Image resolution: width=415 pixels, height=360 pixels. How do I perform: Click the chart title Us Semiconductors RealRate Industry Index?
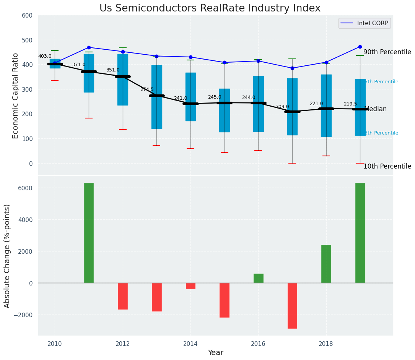click(x=210, y=8)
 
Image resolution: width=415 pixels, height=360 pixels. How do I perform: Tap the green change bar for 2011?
click(x=89, y=233)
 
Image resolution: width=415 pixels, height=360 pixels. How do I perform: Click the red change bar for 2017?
click(x=292, y=305)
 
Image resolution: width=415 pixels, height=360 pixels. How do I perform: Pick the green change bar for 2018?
click(x=326, y=264)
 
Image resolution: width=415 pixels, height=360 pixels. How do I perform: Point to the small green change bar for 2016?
click(x=258, y=278)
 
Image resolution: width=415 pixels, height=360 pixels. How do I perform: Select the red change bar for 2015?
click(x=224, y=300)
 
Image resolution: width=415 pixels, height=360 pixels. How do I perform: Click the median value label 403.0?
click(x=45, y=56)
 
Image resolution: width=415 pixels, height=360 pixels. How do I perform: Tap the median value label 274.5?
click(x=146, y=89)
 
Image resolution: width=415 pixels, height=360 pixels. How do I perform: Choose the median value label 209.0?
click(x=282, y=107)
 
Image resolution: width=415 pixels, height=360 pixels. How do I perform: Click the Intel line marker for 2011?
click(x=89, y=47)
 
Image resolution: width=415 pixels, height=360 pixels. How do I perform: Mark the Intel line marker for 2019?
click(x=360, y=47)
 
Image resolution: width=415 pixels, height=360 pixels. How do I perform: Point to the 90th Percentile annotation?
click(x=387, y=52)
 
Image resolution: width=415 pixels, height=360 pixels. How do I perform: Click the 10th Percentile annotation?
click(x=387, y=166)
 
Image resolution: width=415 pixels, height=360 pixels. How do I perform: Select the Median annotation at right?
click(x=376, y=109)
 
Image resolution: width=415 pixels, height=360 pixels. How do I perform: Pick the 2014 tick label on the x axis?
click(x=190, y=344)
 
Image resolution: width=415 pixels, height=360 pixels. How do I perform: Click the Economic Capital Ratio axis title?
click(x=16, y=96)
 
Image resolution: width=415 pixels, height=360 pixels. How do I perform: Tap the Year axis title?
click(x=215, y=353)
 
